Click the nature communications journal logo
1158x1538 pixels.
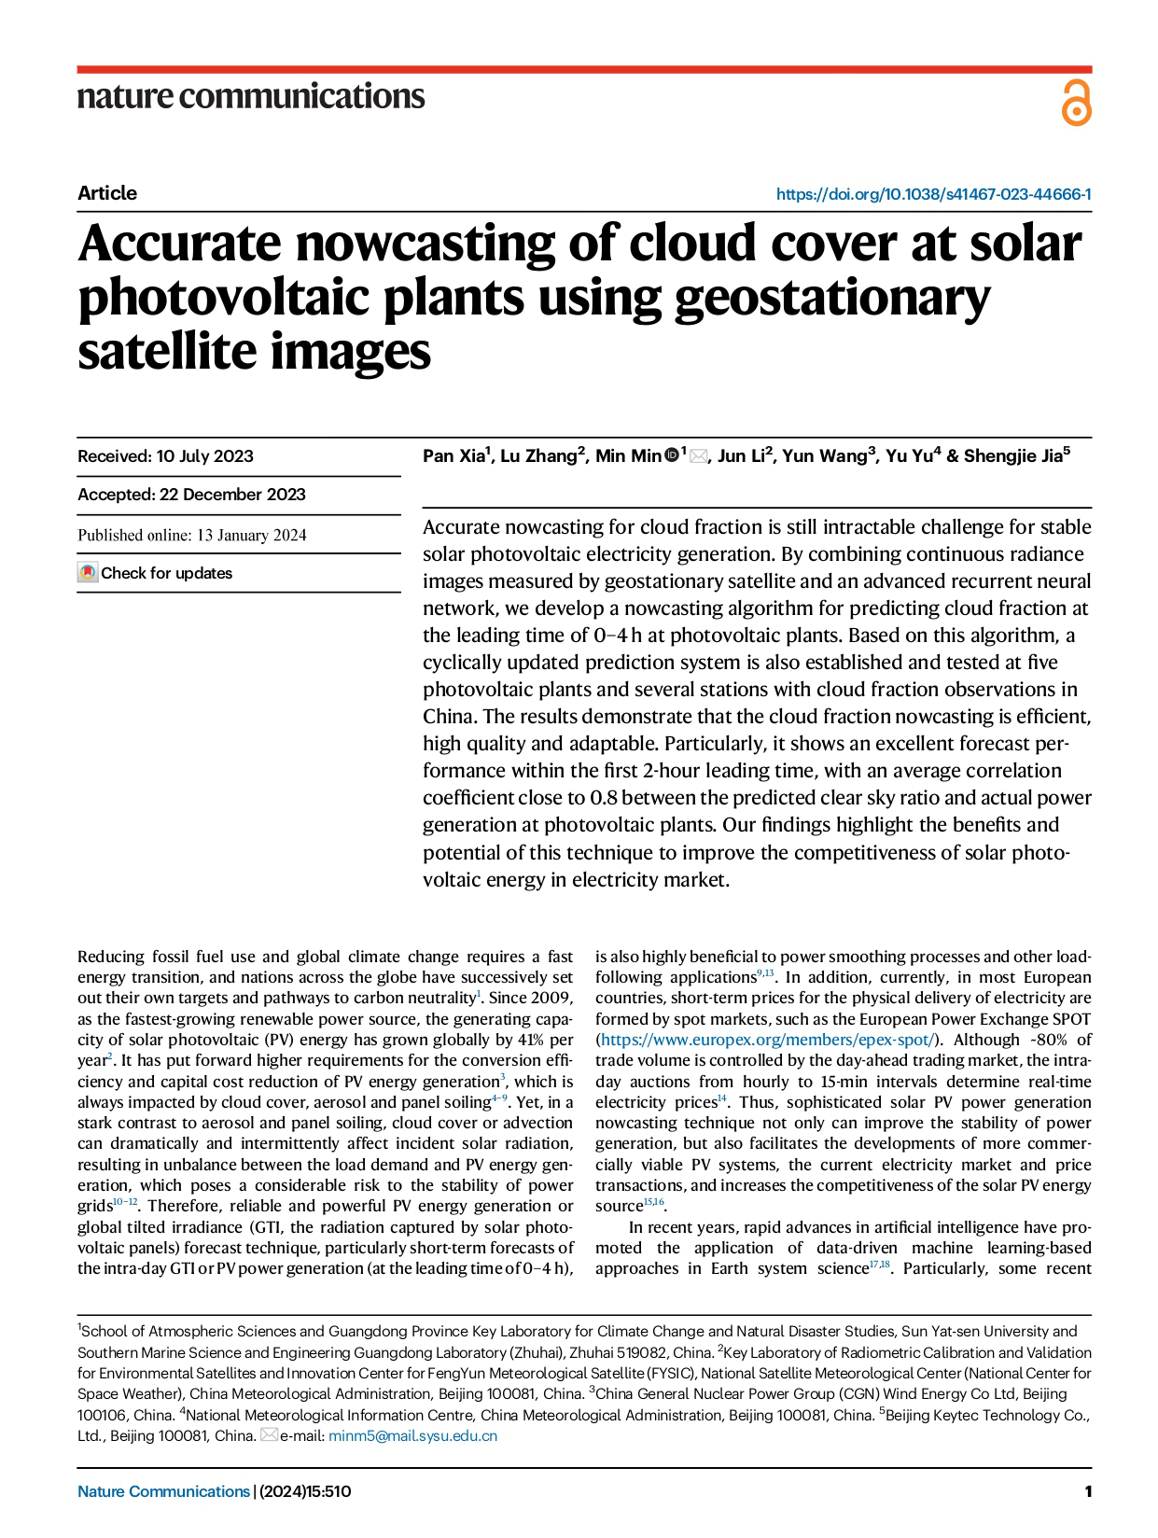(250, 97)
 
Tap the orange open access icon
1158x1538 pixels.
(1076, 104)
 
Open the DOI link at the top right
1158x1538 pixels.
(933, 194)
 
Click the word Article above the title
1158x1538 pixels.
(107, 193)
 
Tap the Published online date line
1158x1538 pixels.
(192, 535)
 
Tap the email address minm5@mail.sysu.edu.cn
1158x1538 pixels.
(412, 1435)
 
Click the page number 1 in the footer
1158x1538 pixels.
(1087, 1491)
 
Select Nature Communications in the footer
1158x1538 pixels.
(163, 1491)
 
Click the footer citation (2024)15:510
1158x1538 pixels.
(305, 1491)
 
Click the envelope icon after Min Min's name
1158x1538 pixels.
(698, 456)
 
